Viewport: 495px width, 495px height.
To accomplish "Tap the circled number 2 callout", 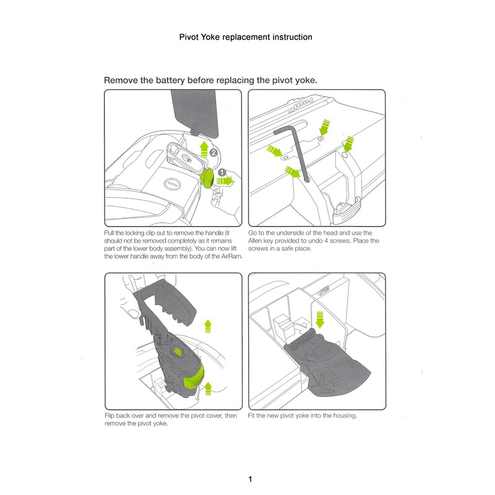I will [x=213, y=151].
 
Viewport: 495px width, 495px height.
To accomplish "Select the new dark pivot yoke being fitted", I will [x=334, y=365].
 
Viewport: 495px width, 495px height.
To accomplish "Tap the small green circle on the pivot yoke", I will [x=178, y=353].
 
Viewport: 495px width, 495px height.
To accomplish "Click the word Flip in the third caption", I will [x=111, y=416].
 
